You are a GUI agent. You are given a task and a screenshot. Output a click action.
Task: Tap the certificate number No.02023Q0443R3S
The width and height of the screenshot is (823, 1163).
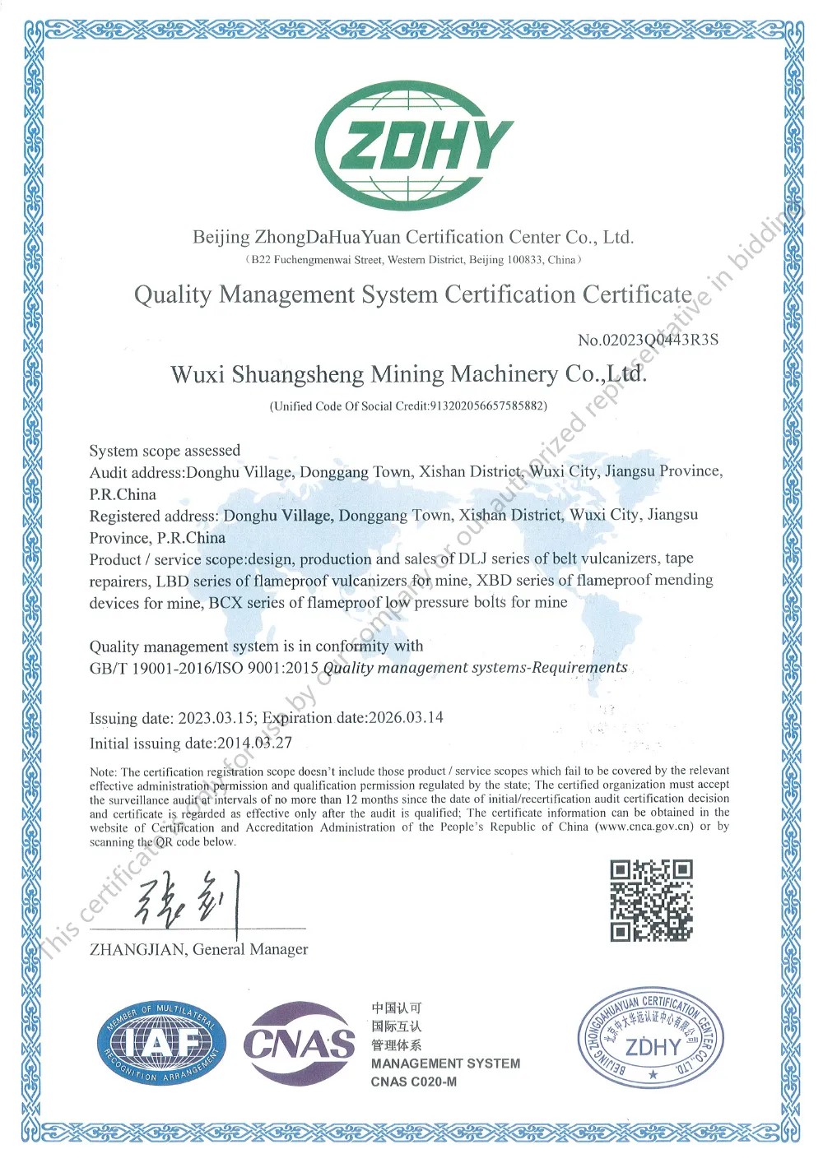click(648, 340)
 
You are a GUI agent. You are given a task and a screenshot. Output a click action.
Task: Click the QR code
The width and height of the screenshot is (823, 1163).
click(651, 901)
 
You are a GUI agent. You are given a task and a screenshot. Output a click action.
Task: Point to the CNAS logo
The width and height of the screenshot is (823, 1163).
click(299, 1044)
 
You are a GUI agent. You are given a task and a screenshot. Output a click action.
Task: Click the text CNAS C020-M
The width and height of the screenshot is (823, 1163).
click(413, 1082)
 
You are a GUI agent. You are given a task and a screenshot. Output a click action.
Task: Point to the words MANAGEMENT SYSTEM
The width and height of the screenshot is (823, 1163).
click(445, 1063)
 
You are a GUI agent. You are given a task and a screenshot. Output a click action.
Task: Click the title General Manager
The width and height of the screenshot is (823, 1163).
click(250, 949)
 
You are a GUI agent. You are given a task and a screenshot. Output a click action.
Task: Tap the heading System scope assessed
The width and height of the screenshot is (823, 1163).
click(165, 451)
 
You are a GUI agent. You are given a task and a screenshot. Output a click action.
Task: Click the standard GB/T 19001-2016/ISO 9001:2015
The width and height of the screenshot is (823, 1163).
click(204, 668)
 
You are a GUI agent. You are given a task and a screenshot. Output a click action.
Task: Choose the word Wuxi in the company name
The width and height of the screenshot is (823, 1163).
click(197, 374)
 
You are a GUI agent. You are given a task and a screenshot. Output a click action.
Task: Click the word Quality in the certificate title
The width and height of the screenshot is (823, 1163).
click(173, 294)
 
